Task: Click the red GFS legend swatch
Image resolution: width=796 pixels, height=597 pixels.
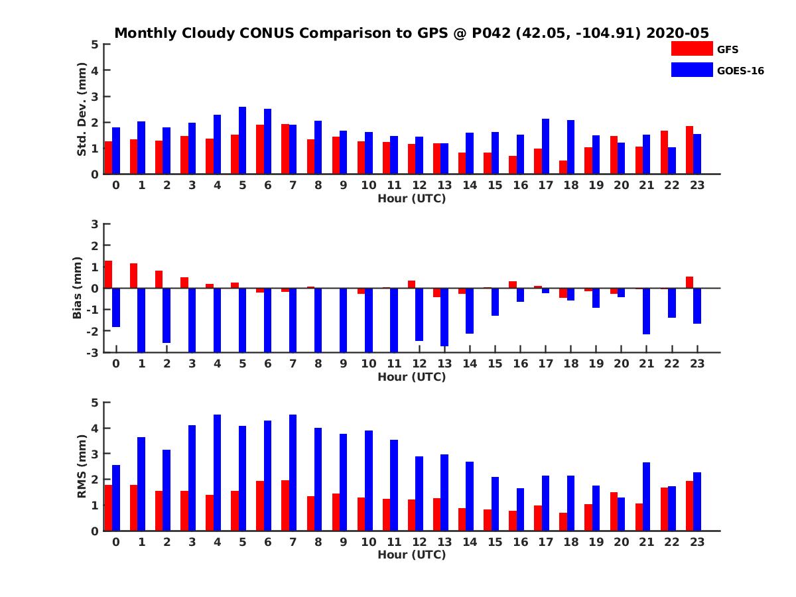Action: pos(692,48)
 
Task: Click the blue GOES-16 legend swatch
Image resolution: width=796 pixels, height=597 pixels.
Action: pos(692,70)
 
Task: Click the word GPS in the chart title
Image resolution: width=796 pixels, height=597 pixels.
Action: pos(409,33)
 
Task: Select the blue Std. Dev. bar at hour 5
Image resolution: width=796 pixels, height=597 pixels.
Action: pos(242,141)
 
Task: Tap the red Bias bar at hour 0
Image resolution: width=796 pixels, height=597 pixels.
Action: pos(108,275)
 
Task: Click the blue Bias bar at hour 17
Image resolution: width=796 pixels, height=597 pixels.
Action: pos(545,291)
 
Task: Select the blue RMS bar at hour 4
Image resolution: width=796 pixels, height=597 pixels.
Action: pos(217,472)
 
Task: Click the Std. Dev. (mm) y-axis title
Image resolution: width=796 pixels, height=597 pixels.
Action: pos(82,109)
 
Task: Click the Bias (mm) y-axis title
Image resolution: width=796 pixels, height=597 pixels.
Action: pos(78,288)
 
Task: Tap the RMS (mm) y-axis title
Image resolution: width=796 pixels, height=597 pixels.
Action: pos(82,466)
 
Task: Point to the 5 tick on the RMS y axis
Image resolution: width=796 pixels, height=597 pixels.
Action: pos(96,403)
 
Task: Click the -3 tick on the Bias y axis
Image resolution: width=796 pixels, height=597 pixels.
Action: pos(94,352)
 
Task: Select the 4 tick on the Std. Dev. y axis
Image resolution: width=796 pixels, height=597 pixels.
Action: pos(96,70)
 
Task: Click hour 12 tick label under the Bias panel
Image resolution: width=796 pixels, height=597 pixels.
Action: pos(419,364)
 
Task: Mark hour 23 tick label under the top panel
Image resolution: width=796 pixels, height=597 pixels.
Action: pos(696,185)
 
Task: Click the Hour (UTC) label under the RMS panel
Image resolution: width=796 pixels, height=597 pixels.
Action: pos(411,555)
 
